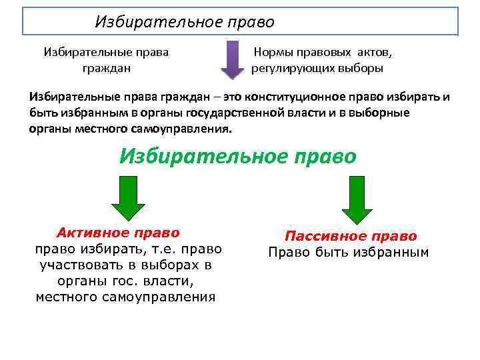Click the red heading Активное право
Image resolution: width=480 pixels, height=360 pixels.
(x=118, y=233)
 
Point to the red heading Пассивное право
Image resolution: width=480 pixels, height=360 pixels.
(x=351, y=237)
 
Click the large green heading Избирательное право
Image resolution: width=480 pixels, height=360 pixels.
(x=238, y=157)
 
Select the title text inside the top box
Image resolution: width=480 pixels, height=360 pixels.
(x=185, y=22)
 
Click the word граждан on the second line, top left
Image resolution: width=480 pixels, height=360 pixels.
(x=106, y=68)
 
